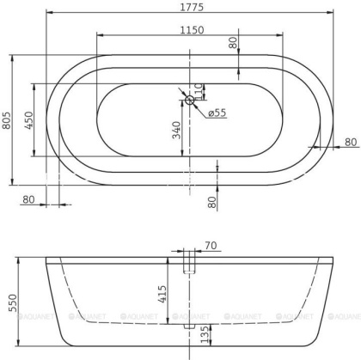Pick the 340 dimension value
pos(177,131)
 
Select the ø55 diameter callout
pos(216,113)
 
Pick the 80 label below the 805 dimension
pos(28,198)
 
